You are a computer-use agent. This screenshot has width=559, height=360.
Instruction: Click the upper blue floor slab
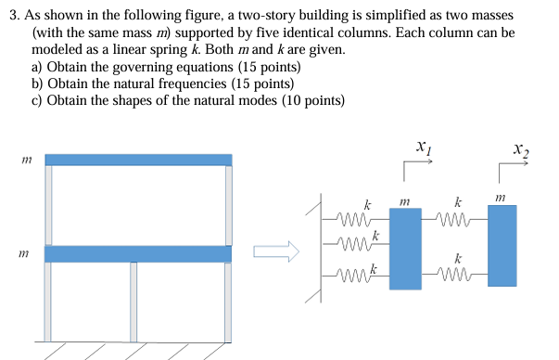138,160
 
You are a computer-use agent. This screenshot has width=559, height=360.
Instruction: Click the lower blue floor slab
138,253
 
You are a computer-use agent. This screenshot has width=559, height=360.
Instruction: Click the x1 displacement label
422,147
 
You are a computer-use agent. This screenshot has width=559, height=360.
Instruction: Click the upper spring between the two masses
453,220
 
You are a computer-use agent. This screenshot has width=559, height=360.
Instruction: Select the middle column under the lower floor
133,302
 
